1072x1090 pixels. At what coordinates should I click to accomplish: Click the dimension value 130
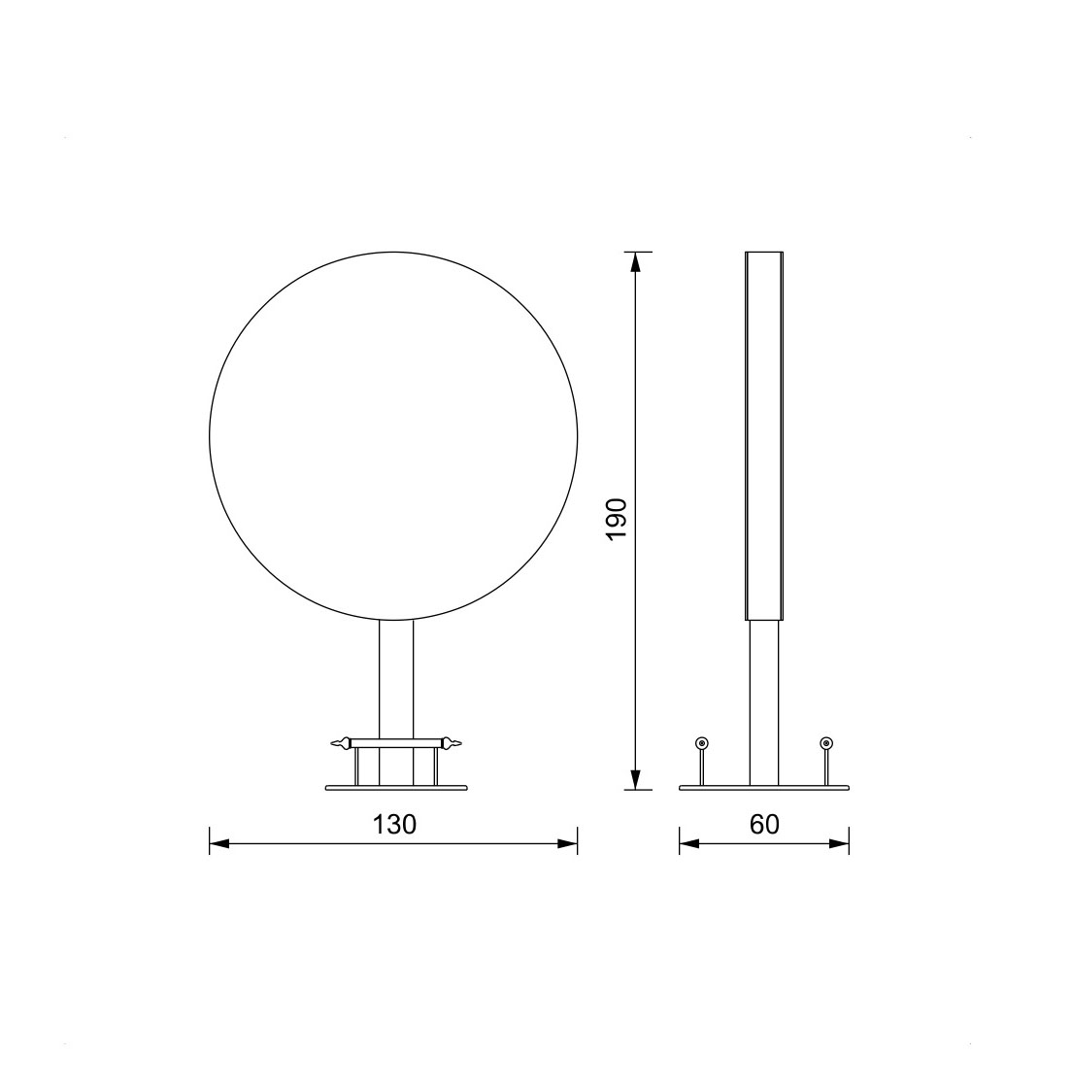point(394,824)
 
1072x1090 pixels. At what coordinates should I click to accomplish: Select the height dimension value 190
point(617,520)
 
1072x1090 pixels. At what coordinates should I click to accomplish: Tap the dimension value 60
point(764,824)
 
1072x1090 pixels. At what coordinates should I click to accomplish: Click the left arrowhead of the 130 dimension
point(218,844)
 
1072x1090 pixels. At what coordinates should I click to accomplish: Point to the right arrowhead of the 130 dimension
point(568,844)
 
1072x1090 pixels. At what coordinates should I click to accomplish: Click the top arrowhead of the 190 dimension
point(634,262)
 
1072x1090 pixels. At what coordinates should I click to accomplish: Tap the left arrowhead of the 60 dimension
point(689,844)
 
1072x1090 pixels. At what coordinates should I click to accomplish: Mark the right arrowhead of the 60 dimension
point(839,844)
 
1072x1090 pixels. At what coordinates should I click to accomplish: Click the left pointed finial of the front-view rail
point(341,744)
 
